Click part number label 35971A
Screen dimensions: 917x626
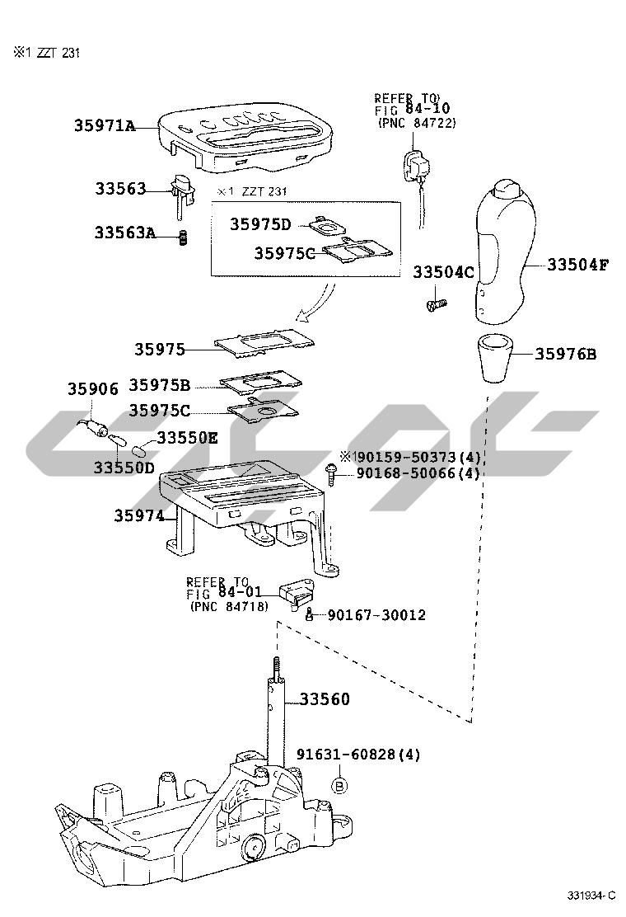point(104,126)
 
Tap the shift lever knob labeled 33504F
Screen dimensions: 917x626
point(505,251)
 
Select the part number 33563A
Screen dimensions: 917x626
point(124,233)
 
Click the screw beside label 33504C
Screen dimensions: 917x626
point(435,305)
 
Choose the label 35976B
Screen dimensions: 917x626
point(566,355)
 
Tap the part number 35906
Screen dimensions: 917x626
point(93,388)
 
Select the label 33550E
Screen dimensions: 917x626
point(187,438)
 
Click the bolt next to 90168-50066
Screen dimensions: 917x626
point(331,473)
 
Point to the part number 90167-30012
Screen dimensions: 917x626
point(376,615)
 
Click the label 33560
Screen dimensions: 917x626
point(324,699)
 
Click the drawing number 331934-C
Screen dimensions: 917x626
point(591,896)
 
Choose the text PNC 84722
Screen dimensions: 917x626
point(417,123)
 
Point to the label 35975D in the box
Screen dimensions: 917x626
point(260,224)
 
